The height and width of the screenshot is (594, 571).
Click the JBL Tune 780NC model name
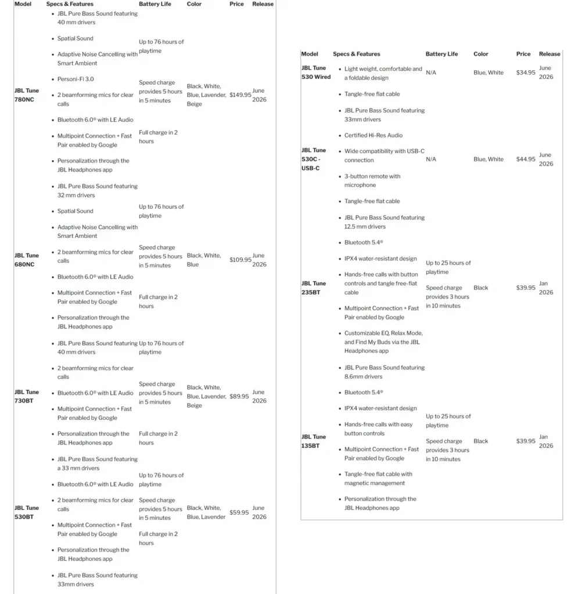pos(27,95)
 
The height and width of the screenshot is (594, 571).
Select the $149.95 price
pos(240,95)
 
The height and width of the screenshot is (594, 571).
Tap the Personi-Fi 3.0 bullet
pos(76,79)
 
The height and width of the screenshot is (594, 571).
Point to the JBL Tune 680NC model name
pos(27,260)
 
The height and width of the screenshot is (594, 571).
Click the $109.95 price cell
pos(240,260)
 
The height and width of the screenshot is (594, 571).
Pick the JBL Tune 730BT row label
pos(27,396)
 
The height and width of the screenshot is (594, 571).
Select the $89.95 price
pos(239,396)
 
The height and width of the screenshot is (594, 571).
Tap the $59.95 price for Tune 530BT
pos(239,512)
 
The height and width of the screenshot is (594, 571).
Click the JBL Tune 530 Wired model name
pos(316,73)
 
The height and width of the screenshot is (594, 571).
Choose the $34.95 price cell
pos(526,73)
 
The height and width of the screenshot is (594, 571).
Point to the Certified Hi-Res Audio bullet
pos(373,135)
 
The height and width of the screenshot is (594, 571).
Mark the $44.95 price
pos(526,159)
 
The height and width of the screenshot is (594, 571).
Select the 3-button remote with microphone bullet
pos(372,180)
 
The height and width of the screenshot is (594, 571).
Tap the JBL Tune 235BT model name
pos(314,288)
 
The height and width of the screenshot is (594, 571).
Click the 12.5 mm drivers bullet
pos(384,222)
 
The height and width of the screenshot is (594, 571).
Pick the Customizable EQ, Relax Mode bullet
pos(383,342)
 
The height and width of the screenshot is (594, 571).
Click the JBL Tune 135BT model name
pos(314,441)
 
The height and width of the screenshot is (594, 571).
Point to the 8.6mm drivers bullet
pos(384,372)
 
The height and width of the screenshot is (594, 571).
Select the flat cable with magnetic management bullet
pos(378,479)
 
